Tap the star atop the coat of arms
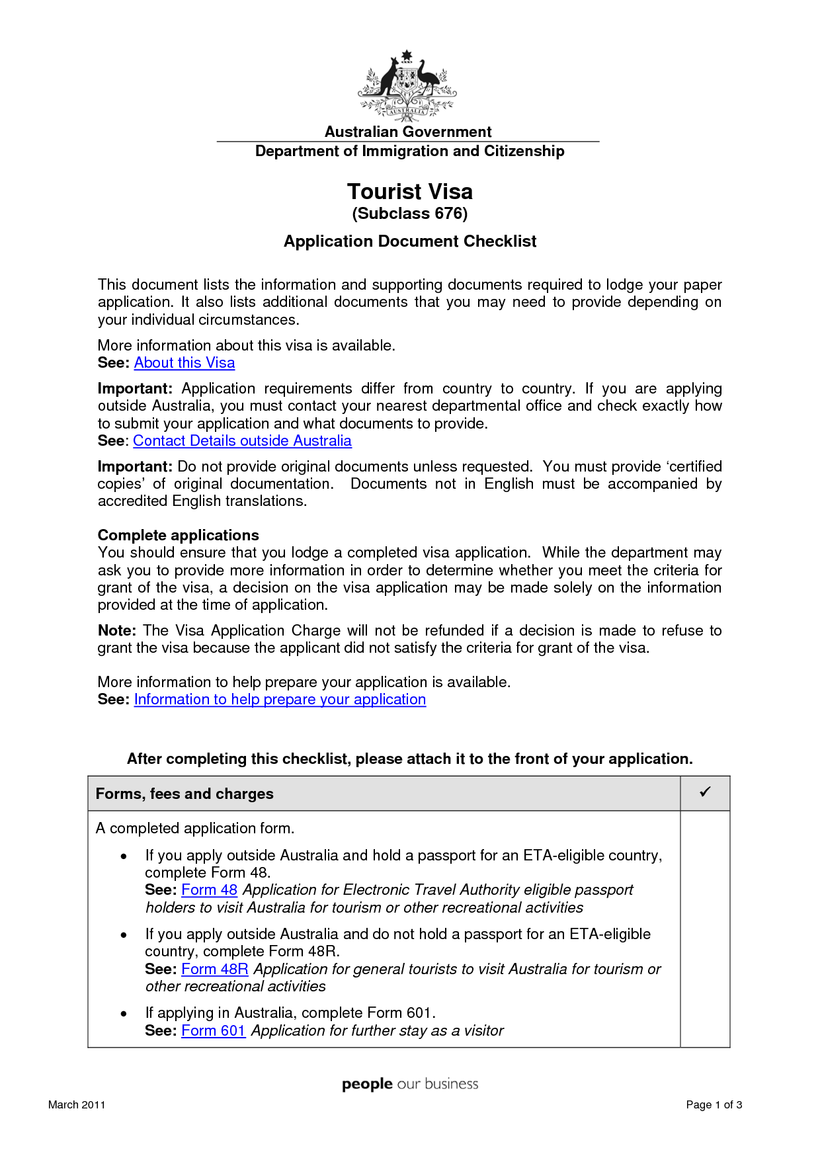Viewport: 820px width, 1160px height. click(407, 54)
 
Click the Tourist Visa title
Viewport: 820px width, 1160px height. click(410, 192)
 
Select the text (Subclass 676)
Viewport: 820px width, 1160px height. click(410, 214)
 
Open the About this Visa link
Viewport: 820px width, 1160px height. click(184, 363)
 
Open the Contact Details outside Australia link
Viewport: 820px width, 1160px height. click(242, 441)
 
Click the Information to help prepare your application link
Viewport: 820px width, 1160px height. click(280, 700)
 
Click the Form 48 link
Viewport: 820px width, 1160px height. click(209, 890)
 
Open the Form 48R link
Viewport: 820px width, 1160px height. click(214, 970)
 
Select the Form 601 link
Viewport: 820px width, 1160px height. click(213, 1031)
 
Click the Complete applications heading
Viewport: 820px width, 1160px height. click(179, 535)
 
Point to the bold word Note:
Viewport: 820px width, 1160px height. click(116, 631)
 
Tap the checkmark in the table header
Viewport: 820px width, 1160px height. click(705, 792)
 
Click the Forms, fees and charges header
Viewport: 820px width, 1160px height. click(184, 794)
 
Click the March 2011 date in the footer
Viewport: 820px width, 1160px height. click(77, 1104)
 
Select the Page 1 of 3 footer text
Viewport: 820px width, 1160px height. click(714, 1104)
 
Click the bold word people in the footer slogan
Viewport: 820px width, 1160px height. click(367, 1085)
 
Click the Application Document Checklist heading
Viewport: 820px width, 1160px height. click(410, 241)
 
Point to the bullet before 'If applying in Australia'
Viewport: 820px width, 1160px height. click(124, 1014)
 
